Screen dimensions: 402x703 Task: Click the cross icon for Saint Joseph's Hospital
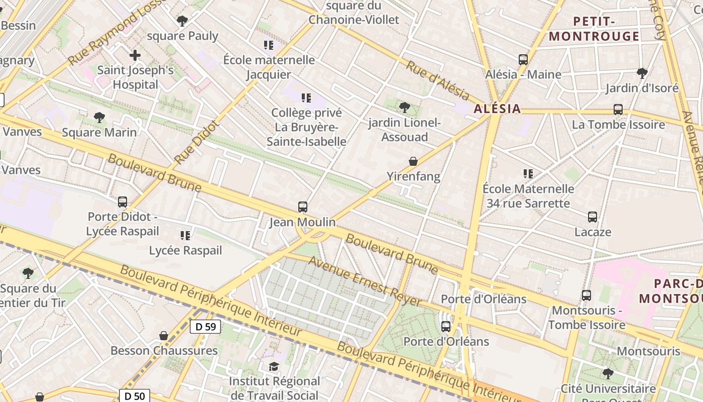pos(135,55)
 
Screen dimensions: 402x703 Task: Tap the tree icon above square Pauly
pos(182,21)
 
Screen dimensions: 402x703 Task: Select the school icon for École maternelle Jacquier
pos(269,45)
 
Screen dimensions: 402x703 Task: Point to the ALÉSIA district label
pos(497,109)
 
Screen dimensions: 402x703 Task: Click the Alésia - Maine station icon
pos(523,60)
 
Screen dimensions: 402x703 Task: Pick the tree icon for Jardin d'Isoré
pos(642,73)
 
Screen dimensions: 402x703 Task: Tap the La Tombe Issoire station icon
pos(618,110)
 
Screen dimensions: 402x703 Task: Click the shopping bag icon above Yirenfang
pos(413,161)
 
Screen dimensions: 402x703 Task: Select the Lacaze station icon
pos(593,217)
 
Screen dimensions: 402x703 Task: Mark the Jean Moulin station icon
pos(303,207)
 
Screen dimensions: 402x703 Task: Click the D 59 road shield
pos(206,327)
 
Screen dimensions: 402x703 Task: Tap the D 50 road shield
pos(135,396)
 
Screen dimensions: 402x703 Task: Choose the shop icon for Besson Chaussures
pos(164,336)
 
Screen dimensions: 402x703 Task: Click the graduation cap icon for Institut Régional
pos(274,367)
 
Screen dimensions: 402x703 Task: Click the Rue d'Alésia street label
pos(437,81)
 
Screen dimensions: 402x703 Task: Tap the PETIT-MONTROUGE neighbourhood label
pos(594,29)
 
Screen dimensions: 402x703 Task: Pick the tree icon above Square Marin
pos(99,118)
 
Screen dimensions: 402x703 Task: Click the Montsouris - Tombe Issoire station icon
pos(586,295)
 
